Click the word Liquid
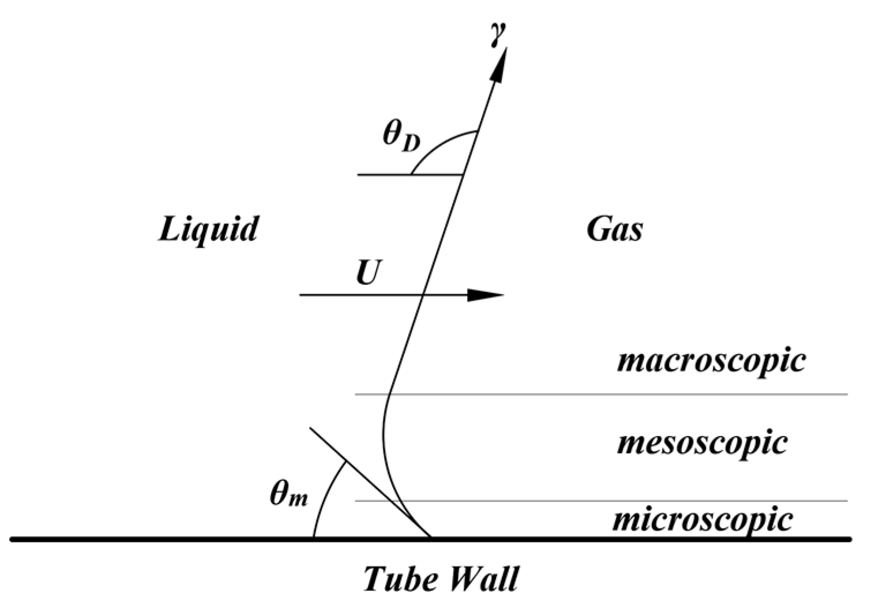tap(208, 230)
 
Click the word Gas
tap(614, 230)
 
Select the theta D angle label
tap(401, 137)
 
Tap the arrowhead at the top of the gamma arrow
tap(500, 64)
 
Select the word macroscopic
tap(710, 361)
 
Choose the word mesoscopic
tap(702, 444)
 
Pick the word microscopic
tap(702, 519)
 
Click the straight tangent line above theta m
tap(369, 482)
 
